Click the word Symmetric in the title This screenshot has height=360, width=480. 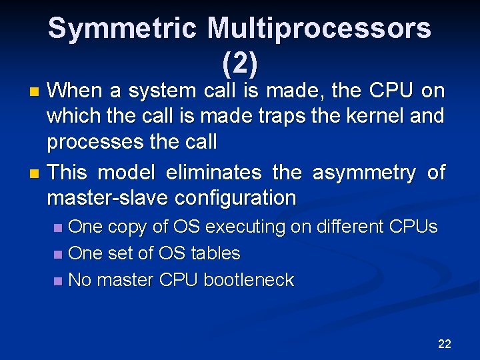coord(123,29)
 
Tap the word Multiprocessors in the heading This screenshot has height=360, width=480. coord(319,29)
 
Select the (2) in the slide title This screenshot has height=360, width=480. coord(239,63)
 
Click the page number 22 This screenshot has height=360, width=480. coord(445,344)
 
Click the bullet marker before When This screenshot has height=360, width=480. coord(37,91)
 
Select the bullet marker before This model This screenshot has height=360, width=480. coord(37,173)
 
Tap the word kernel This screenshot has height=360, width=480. coord(373,116)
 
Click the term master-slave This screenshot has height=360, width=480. coord(105,198)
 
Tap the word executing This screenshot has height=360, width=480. coord(246,227)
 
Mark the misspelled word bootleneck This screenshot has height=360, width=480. coord(249,280)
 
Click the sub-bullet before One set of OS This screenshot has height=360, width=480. coord(59,254)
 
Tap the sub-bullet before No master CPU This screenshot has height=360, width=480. coord(59,281)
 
